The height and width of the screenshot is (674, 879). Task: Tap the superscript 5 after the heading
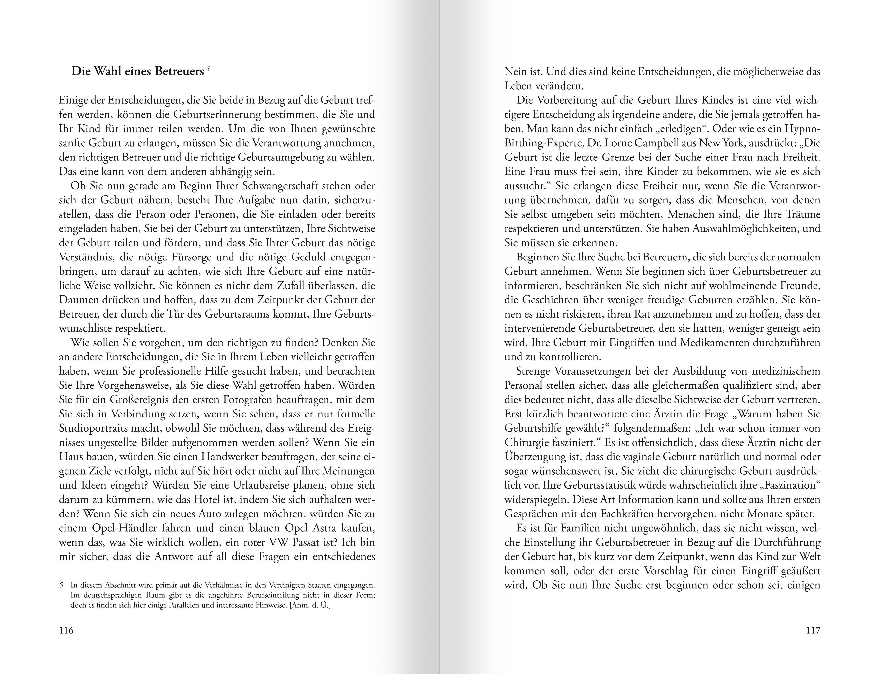click(x=208, y=69)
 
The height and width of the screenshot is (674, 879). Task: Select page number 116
click(x=66, y=630)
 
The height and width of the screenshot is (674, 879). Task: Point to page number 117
click(x=813, y=630)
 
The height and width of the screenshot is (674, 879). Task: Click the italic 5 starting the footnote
click(x=61, y=585)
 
